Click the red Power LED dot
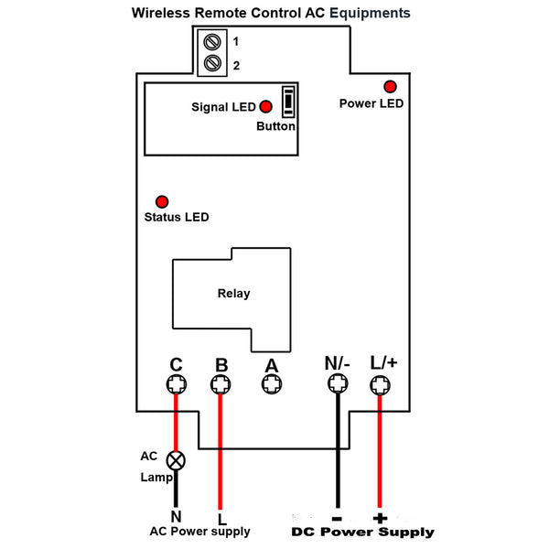[390, 86]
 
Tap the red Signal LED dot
[266, 106]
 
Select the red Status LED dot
[163, 201]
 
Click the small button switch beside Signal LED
[289, 102]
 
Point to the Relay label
[233, 294]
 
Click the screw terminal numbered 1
[212, 42]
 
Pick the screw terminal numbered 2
[212, 64]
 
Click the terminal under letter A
[271, 386]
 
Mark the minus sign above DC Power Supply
[337, 515]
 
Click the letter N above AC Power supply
[175, 515]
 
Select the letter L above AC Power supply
[220, 515]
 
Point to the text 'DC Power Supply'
[362, 532]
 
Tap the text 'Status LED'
[177, 218]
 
